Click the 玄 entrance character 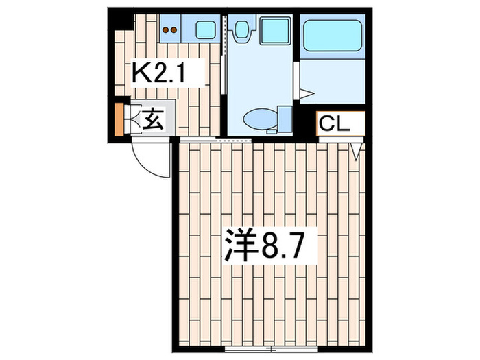click(154, 121)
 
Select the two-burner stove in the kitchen click(171, 29)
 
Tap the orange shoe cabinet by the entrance click(119, 119)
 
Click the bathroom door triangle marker click(306, 93)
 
